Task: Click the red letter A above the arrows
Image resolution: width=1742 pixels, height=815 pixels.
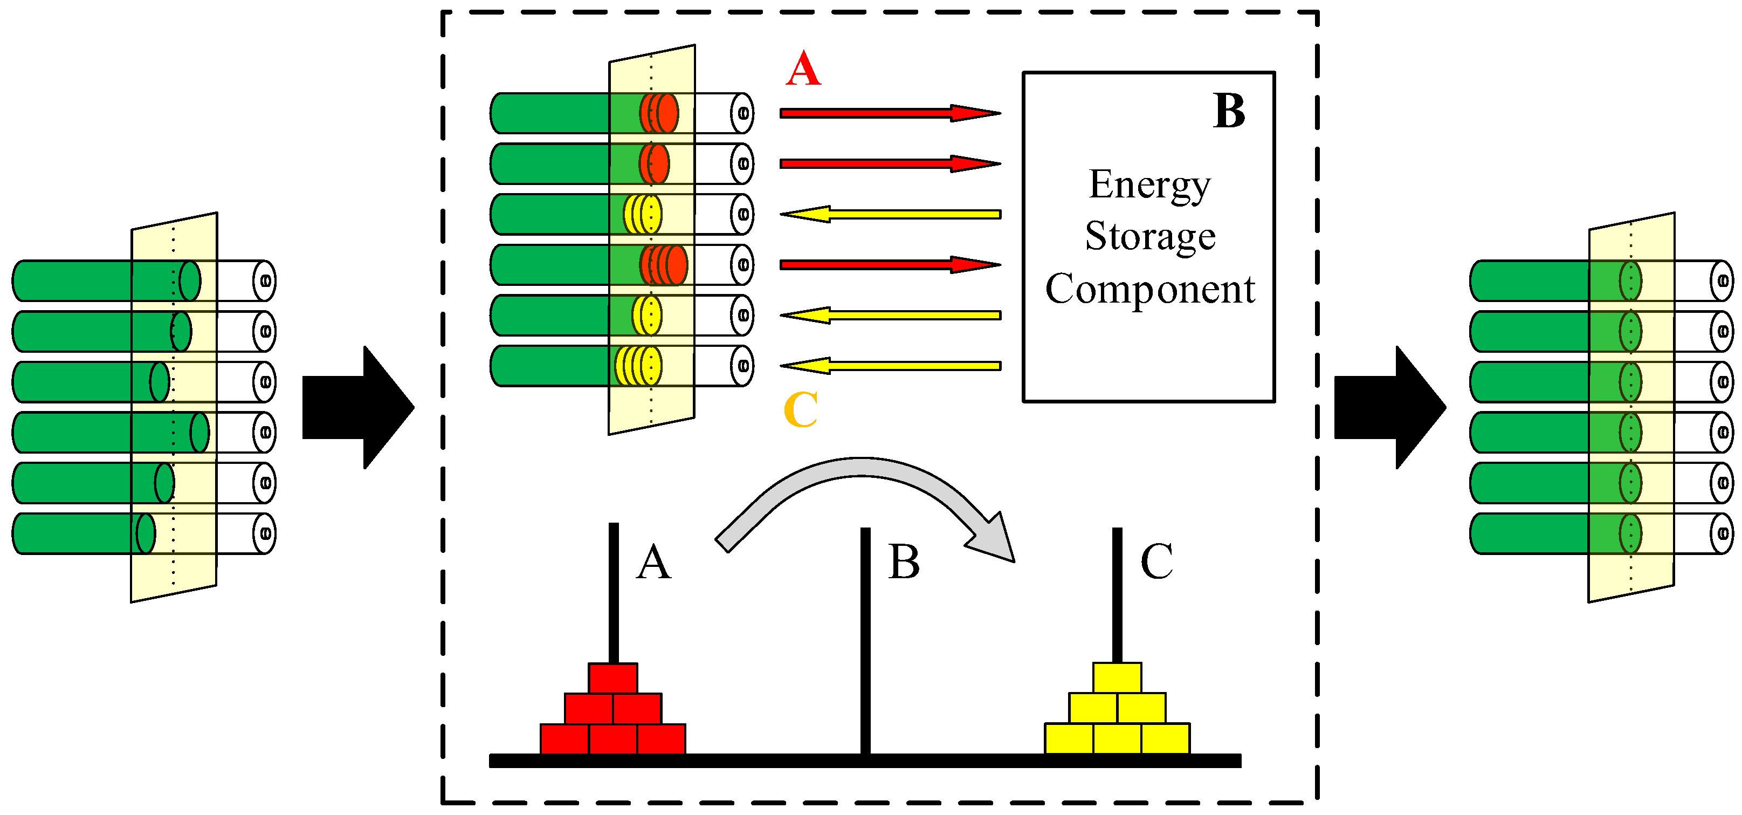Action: tap(803, 69)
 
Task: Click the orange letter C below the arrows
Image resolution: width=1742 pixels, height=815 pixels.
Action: tap(801, 410)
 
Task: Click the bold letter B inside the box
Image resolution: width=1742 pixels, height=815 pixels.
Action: tap(1229, 111)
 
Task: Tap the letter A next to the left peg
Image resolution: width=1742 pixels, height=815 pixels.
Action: tap(653, 562)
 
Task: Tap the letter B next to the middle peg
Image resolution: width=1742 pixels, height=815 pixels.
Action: tap(904, 562)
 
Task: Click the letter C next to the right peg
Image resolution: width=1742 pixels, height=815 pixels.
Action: tap(1156, 562)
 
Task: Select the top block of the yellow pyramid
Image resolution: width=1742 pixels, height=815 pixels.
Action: tap(1117, 677)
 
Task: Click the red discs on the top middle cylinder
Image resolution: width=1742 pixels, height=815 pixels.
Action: tap(659, 113)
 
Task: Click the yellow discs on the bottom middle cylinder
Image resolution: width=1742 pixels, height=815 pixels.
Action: tap(638, 366)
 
